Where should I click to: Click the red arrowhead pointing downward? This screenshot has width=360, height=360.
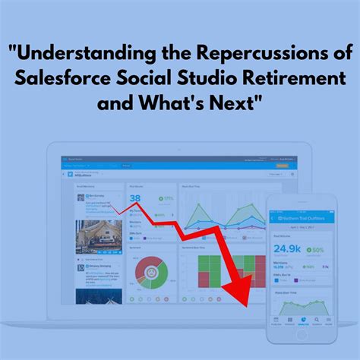[242, 301]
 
